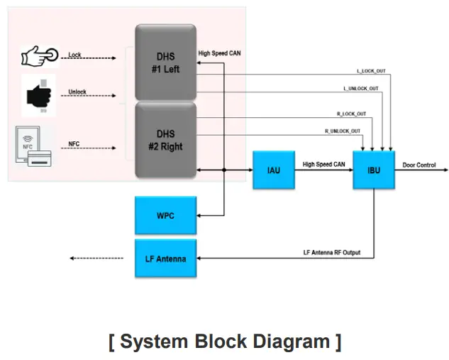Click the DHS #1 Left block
(x=165, y=62)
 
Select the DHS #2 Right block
(x=165, y=140)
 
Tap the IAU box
(x=273, y=170)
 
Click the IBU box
(x=373, y=170)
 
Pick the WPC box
(x=165, y=215)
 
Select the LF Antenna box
(x=165, y=258)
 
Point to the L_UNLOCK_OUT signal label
(x=361, y=89)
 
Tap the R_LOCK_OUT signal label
(x=350, y=114)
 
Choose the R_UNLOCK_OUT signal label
(x=343, y=131)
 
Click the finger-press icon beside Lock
(x=38, y=55)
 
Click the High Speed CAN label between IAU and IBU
(x=323, y=164)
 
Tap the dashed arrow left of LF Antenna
(x=100, y=258)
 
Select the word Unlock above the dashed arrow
(x=77, y=92)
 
